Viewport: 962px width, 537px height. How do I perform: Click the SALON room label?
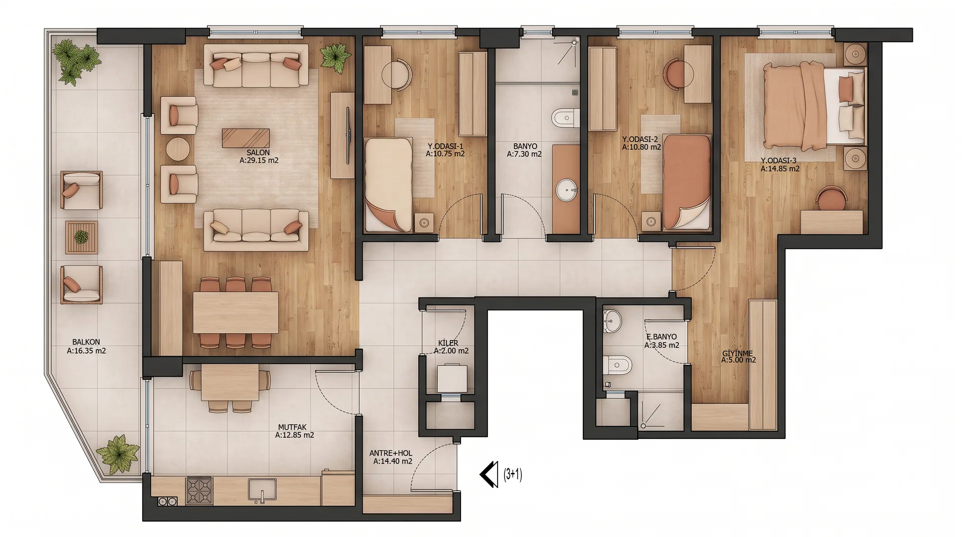[258, 153]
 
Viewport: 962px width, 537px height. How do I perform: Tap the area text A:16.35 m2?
[86, 351]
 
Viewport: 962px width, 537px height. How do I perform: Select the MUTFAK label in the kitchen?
[292, 427]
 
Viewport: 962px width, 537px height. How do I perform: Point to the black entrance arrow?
[489, 474]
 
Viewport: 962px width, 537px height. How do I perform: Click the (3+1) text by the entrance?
[513, 474]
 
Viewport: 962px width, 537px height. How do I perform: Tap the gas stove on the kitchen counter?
[199, 490]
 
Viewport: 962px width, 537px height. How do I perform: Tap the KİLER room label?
[448, 343]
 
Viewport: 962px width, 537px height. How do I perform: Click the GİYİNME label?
[737, 353]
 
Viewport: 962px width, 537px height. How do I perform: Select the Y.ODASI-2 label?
[640, 139]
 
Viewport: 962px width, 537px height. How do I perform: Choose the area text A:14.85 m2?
[780, 169]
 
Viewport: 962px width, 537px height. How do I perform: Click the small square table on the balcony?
[81, 237]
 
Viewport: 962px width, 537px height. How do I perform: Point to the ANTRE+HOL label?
[391, 453]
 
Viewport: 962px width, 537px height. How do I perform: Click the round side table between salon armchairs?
[178, 149]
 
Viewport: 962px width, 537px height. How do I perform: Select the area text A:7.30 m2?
[524, 154]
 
